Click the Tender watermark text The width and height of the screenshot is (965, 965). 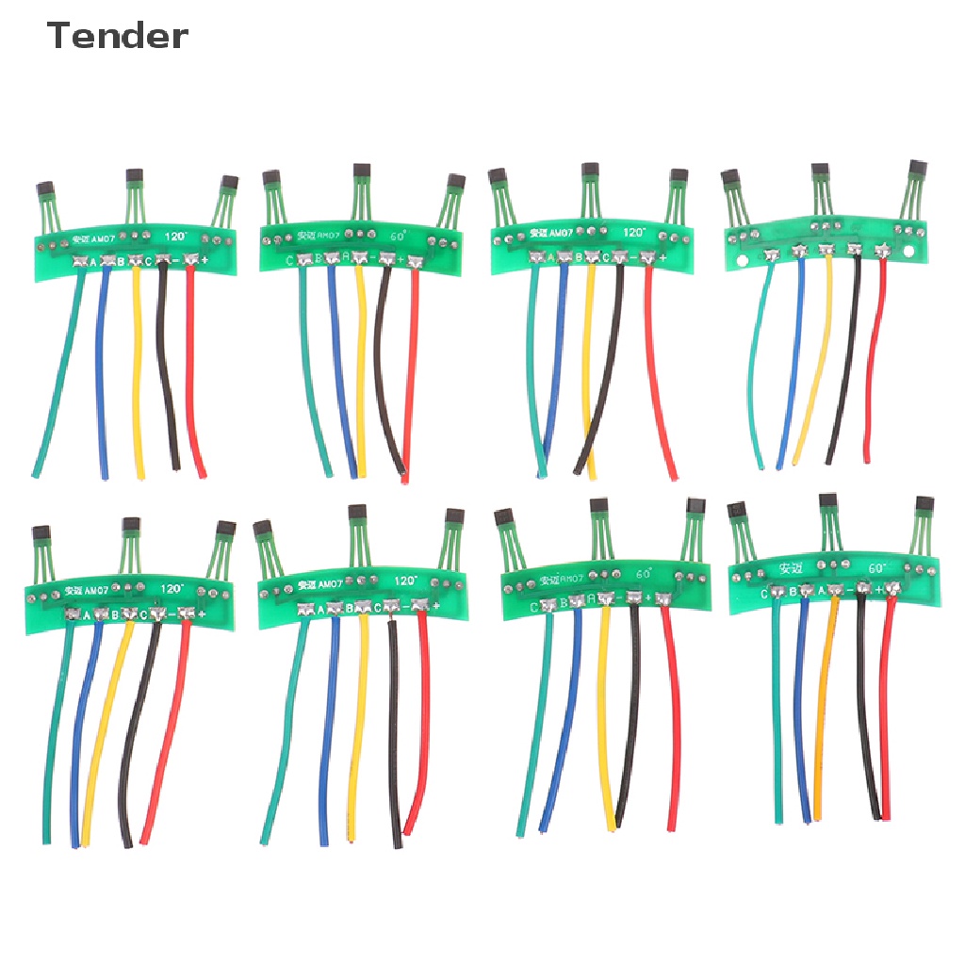coord(117,37)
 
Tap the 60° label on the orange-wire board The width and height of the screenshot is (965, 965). coord(877,568)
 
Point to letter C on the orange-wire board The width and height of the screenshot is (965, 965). coord(765,593)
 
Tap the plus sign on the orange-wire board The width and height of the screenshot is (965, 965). coord(878,590)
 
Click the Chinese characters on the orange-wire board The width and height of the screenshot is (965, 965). coord(791,568)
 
